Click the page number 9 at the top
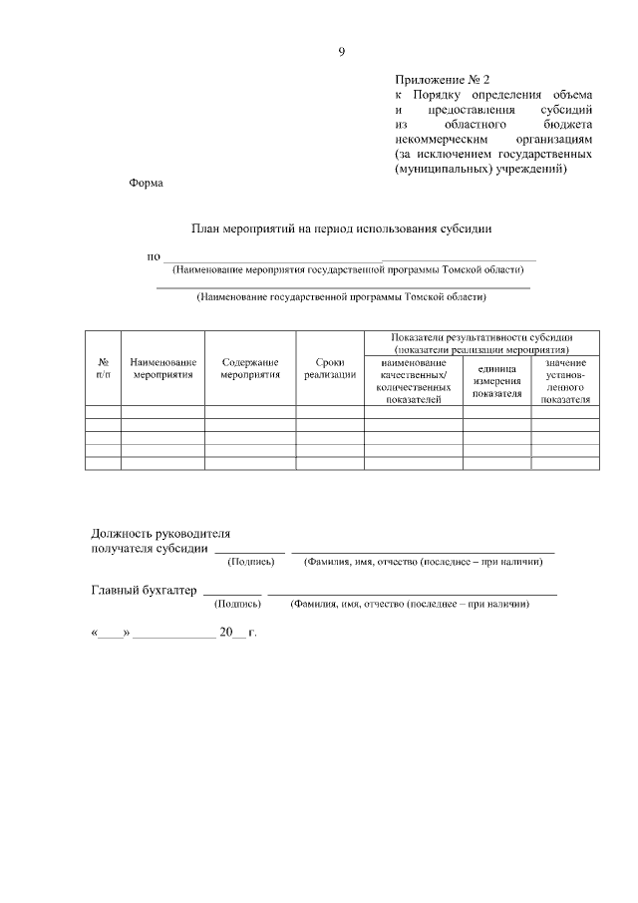341,52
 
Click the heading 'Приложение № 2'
443,77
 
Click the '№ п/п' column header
103,368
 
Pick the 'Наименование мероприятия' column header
162,368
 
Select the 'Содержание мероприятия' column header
250,368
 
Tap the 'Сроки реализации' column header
330,368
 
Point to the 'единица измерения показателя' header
496,381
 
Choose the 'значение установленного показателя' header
565,381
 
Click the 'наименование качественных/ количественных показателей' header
413,381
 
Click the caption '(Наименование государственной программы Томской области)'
342,296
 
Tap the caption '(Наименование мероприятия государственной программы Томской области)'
348,269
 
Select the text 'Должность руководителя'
160,534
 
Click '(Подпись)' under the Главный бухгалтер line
238,604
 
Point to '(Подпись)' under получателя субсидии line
251,562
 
